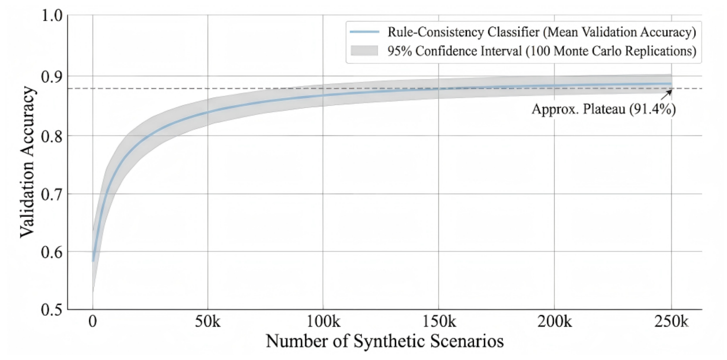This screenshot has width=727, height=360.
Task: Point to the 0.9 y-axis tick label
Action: (x=52, y=76)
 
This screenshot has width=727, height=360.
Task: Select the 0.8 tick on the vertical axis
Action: (x=52, y=136)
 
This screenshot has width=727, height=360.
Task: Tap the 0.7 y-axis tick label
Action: (x=52, y=194)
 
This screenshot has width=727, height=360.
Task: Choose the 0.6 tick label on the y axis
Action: (x=52, y=252)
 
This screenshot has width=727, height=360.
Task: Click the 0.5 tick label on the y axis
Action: (x=52, y=310)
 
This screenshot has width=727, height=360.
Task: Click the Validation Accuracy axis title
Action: (x=27, y=162)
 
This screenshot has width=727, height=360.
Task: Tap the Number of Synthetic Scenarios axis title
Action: (x=385, y=341)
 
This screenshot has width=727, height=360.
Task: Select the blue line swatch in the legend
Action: (x=365, y=32)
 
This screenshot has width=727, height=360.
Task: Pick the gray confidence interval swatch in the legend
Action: (x=365, y=51)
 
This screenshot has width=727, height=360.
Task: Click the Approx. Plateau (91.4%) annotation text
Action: (x=604, y=109)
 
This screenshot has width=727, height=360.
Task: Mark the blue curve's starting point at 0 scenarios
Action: (x=93, y=261)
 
